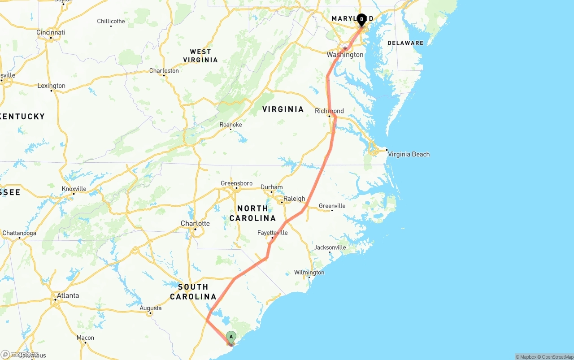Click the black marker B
coord(361,19)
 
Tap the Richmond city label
coord(329,111)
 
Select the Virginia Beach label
coord(409,154)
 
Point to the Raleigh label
coord(294,199)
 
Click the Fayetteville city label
coord(272,233)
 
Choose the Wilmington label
coord(309,273)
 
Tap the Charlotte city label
coord(195,223)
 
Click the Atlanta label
coord(67,295)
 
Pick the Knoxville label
coord(74,189)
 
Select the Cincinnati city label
coord(51,32)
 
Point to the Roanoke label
coord(230,125)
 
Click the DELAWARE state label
coord(405,43)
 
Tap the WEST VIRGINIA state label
coord(200,56)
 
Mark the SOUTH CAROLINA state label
coord(193,291)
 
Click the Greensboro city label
coord(236,183)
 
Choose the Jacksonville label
coord(330,247)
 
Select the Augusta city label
coord(151,308)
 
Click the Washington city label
coord(345,55)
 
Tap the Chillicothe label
coord(111,21)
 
